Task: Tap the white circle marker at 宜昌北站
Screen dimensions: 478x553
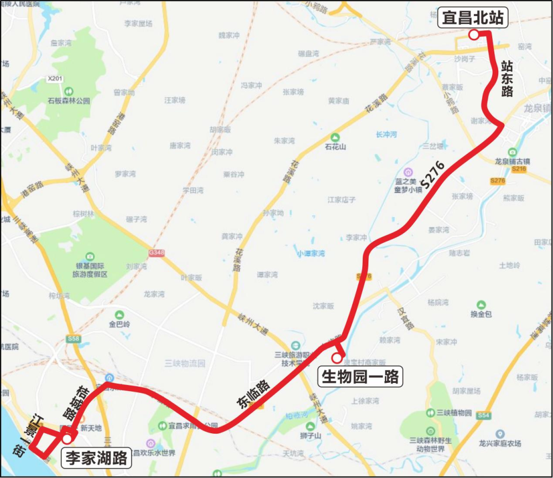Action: [x=473, y=35]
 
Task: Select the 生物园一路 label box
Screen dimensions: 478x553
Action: [x=360, y=377]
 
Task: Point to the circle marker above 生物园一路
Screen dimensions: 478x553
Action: [x=336, y=358]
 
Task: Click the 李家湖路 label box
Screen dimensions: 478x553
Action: [x=97, y=458]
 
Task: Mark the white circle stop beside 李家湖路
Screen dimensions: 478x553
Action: [x=67, y=439]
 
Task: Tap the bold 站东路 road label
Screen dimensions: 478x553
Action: [x=507, y=79]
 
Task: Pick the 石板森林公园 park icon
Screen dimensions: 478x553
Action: [x=69, y=91]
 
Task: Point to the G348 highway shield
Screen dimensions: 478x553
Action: [x=156, y=253]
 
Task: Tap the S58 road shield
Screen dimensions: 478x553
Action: [x=72, y=338]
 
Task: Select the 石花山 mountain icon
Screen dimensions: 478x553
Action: [x=335, y=137]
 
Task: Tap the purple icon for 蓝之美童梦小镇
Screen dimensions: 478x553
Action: [x=408, y=172]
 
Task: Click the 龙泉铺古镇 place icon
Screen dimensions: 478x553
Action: [x=513, y=152]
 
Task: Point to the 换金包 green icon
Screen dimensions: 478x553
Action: [x=481, y=304]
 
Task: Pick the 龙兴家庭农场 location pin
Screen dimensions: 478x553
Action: [x=500, y=434]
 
